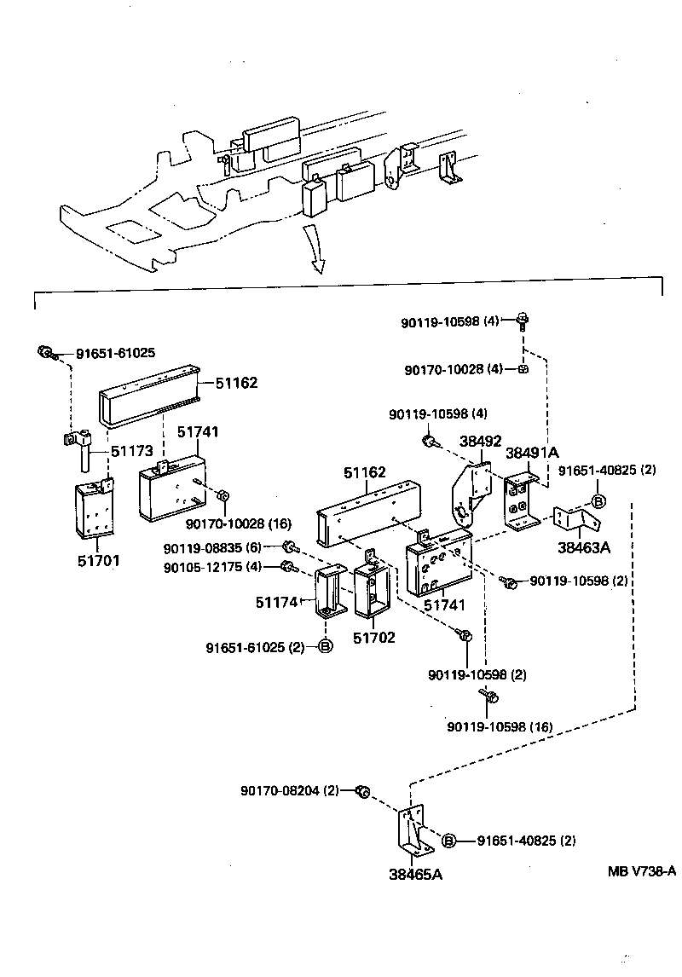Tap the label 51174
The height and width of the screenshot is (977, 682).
275,603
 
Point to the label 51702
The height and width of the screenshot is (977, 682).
374,638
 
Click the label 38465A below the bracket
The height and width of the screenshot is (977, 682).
416,874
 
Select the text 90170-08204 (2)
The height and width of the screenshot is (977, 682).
290,790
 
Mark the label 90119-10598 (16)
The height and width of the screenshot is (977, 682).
500,726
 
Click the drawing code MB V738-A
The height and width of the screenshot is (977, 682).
641,870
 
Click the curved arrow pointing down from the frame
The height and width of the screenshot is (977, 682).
315,252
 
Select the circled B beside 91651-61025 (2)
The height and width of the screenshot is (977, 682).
325,647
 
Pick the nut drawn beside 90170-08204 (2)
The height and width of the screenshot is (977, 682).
361,791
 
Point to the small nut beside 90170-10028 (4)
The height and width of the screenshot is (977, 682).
522,369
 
